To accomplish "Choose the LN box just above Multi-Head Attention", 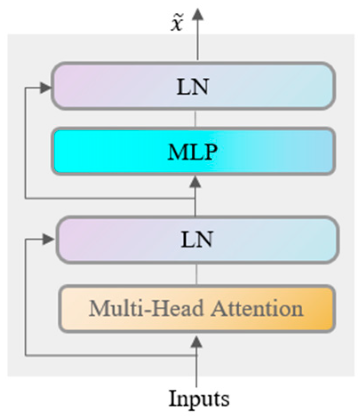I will (196, 240).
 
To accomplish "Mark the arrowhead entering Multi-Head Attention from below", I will (196, 341).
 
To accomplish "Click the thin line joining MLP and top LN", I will (195, 118).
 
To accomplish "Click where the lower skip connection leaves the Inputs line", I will (196, 355).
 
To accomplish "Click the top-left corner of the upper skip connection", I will (25, 87).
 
